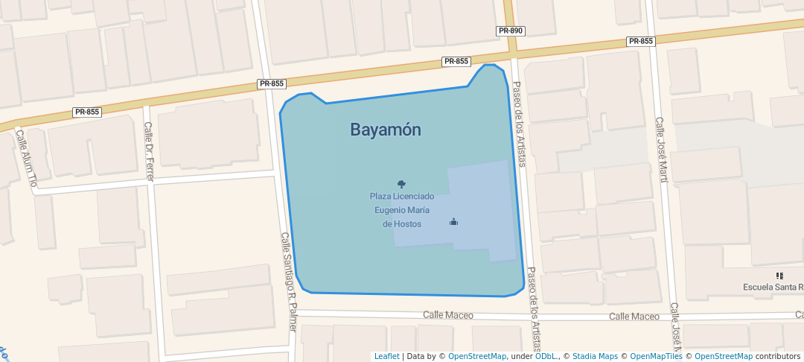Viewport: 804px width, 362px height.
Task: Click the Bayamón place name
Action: point(386,130)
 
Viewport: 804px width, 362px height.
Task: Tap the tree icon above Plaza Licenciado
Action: point(402,184)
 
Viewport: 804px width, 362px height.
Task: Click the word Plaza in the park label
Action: point(380,197)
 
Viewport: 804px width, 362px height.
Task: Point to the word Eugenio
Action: point(392,210)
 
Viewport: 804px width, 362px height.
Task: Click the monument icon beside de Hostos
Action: point(453,221)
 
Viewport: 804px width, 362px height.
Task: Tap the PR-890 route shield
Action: point(511,31)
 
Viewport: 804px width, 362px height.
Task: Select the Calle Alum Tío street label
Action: point(27,159)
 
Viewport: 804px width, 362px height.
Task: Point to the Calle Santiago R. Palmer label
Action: point(289,274)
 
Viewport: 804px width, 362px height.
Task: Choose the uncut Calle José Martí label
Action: point(662,149)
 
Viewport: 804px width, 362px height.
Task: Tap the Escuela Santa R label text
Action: point(773,288)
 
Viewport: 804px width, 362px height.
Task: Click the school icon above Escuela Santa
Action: point(779,276)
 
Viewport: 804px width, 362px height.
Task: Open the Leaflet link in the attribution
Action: point(386,357)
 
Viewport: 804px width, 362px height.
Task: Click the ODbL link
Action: point(546,357)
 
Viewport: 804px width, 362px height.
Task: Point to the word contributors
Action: point(777,357)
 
